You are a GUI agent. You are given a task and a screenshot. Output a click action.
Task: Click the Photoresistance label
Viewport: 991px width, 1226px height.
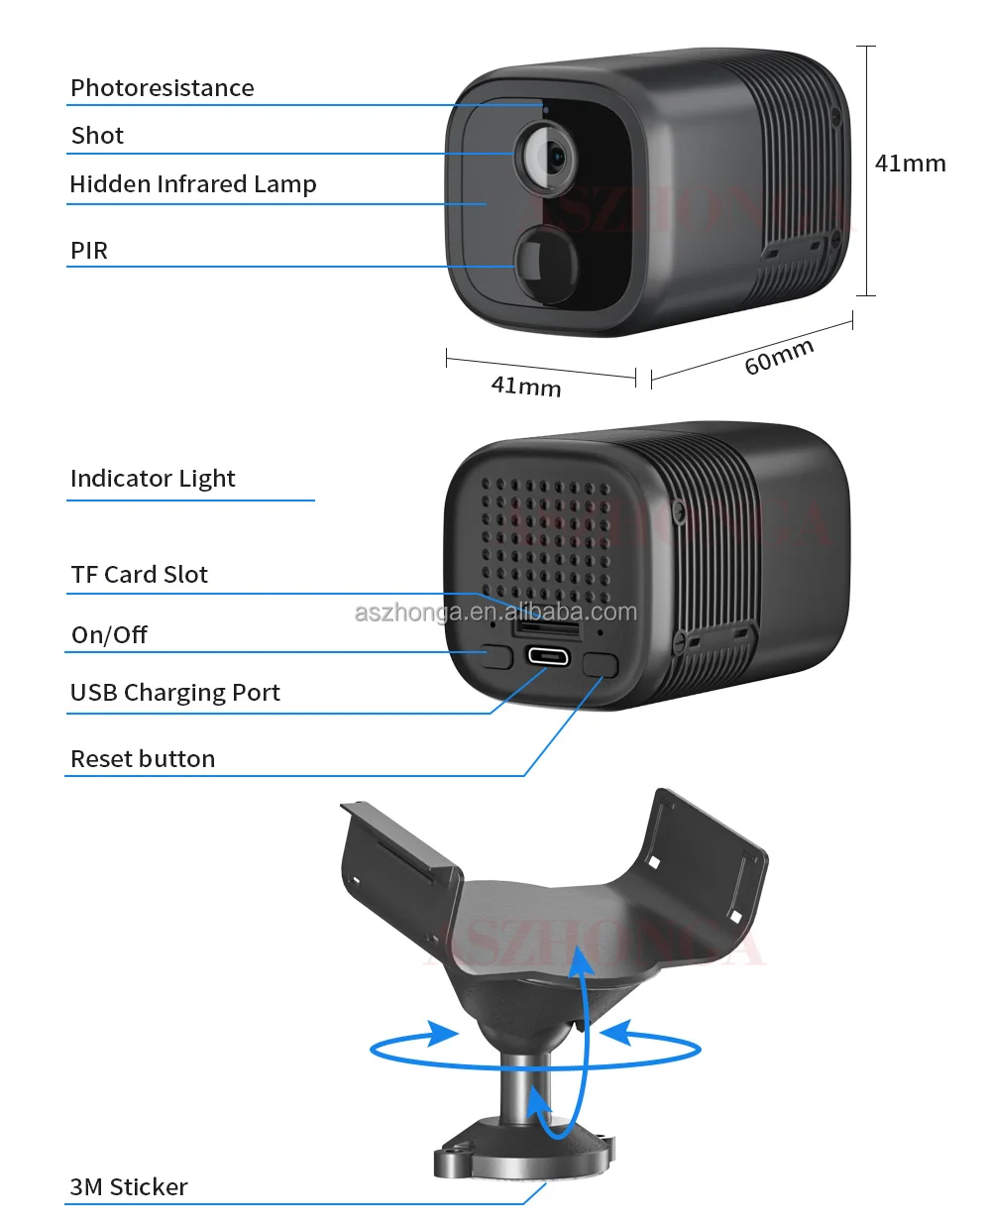point(162,88)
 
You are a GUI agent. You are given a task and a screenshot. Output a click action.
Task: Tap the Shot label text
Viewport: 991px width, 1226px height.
point(97,136)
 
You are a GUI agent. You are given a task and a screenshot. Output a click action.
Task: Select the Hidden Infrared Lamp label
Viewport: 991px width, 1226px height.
point(192,184)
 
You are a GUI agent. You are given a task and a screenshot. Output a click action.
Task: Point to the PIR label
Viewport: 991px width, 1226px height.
point(88,251)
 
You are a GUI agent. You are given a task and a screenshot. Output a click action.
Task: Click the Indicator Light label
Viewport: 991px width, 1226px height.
point(153,479)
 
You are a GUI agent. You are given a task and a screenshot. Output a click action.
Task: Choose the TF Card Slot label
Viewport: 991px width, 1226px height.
point(139,575)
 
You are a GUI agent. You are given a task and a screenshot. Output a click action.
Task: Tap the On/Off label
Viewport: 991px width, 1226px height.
point(109,635)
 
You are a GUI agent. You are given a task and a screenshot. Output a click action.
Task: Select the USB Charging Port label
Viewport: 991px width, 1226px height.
point(174,693)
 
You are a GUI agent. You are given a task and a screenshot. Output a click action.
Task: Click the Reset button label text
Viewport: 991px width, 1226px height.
point(143,759)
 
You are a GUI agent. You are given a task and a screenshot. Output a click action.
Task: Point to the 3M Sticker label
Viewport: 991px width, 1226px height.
point(128,1187)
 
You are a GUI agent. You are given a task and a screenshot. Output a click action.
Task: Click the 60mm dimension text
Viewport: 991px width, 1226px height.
point(779,357)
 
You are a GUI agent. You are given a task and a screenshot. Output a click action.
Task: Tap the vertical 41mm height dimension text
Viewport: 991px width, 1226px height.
point(910,164)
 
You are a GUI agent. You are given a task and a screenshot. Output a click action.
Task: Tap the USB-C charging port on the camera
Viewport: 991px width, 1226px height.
point(548,655)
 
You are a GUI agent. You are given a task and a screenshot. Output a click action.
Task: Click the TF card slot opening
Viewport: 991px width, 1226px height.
point(545,627)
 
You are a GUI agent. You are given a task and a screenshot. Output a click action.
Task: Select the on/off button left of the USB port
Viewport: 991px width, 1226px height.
point(497,656)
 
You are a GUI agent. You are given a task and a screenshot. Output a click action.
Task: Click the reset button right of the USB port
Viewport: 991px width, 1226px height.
point(600,663)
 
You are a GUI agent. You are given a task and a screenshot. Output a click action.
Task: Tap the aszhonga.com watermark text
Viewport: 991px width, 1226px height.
point(495,613)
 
